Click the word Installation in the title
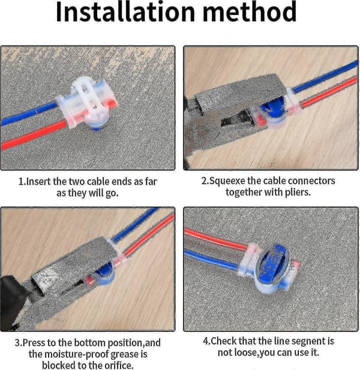pos(125,12)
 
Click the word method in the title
pos(249,12)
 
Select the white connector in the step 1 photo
pos(87,102)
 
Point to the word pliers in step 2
pos(298,193)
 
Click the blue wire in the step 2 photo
pos(325,77)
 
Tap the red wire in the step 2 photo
pos(329,92)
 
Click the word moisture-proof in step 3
pos(77,354)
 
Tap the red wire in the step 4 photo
pos(216,239)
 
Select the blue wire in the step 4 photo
pos(212,258)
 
